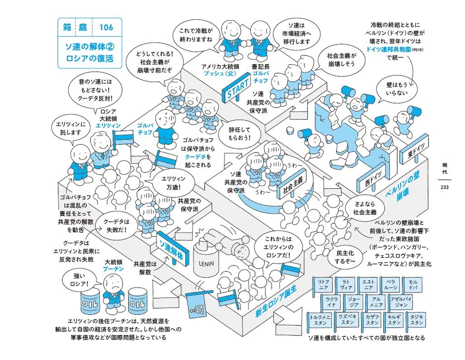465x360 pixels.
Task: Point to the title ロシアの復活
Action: [x=93, y=57]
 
